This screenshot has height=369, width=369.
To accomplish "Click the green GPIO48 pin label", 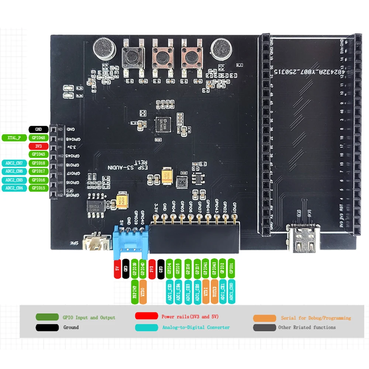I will [x=39, y=138].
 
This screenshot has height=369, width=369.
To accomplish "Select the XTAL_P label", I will [x=14, y=138].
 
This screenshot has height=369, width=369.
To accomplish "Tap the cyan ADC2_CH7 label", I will [x=14, y=163].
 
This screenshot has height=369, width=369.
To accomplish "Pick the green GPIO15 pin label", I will [x=39, y=188].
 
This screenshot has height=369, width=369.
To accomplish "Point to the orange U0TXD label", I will [x=214, y=292].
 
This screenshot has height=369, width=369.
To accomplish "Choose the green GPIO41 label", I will [x=206, y=268].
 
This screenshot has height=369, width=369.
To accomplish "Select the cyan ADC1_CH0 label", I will [x=231, y=292].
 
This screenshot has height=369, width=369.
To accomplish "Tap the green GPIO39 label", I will [x=135, y=268].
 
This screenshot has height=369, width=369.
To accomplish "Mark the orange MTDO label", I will [x=143, y=292].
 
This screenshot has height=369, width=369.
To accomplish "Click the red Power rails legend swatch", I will [x=146, y=316].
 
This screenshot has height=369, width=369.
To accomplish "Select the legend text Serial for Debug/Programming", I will [x=316, y=318].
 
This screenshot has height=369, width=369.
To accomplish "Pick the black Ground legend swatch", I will [x=47, y=327].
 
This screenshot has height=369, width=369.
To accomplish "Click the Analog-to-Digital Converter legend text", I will [x=196, y=327].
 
